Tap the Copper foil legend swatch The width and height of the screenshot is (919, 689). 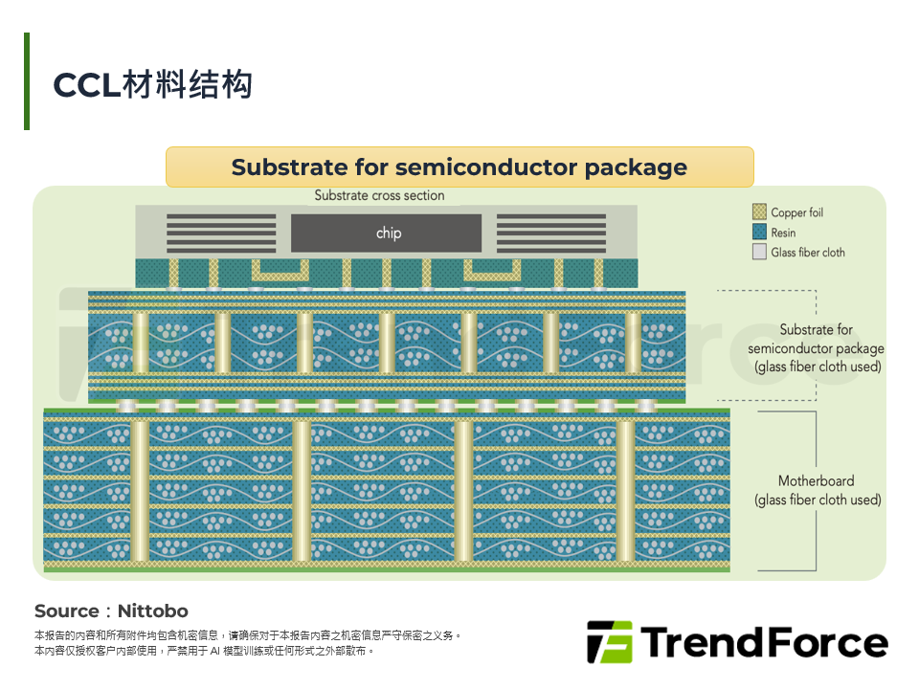tap(759, 212)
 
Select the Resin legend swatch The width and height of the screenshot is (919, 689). tap(759, 233)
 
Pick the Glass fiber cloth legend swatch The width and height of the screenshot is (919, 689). tap(759, 253)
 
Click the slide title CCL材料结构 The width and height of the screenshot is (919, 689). tap(152, 84)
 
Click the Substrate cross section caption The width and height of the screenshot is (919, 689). tap(379, 195)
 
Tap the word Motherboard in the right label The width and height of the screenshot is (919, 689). tap(816, 481)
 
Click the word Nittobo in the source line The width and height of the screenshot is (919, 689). tap(152, 611)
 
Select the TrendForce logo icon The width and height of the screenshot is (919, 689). tap(609, 642)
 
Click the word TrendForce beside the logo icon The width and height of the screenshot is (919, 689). tap(764, 642)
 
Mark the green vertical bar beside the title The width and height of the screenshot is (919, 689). tap(27, 81)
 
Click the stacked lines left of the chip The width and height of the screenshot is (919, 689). tap(221, 233)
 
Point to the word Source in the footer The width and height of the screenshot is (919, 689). tap(66, 611)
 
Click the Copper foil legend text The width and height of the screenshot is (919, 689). tap(796, 212)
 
